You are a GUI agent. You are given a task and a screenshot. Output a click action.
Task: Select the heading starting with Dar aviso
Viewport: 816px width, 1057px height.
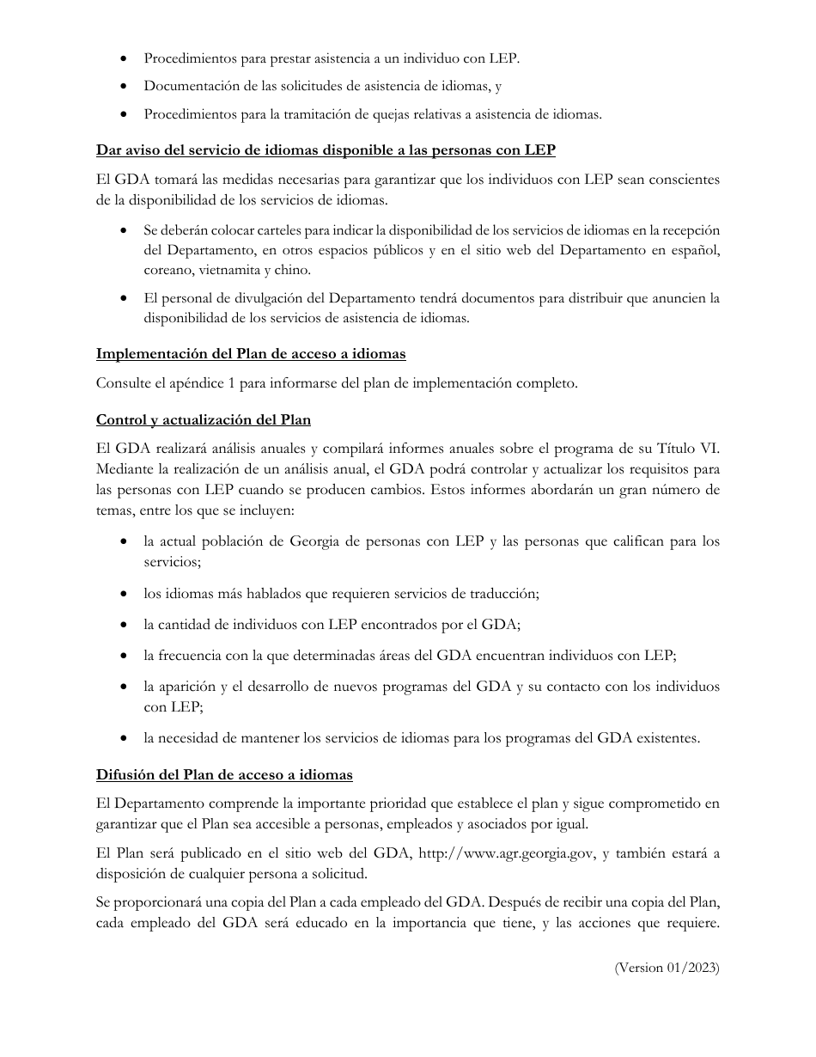click(326, 150)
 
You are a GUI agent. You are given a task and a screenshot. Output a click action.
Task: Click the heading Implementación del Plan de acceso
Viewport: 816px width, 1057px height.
click(251, 353)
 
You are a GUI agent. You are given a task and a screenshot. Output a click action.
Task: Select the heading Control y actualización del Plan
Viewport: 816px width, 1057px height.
click(204, 420)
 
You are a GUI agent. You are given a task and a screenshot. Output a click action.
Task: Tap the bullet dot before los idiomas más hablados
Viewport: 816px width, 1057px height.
click(126, 595)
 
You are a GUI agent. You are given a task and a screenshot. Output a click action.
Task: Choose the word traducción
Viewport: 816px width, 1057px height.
click(502, 594)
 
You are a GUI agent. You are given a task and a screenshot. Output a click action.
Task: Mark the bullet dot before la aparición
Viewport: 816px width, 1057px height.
click(126, 687)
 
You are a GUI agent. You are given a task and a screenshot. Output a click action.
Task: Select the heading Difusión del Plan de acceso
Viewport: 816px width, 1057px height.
click(224, 775)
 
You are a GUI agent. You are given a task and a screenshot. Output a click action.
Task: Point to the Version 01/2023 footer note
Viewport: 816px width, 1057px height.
click(667, 968)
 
